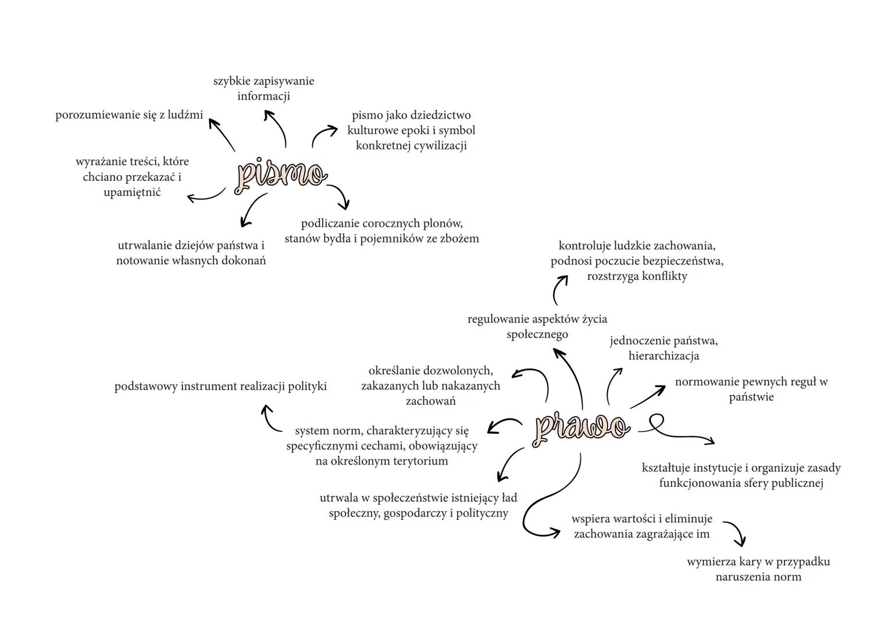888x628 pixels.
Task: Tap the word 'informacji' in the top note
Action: coord(263,96)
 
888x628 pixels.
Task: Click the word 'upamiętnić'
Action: coord(132,192)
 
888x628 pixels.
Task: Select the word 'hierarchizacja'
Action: coord(664,356)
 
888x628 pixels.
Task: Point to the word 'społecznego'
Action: coord(537,335)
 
